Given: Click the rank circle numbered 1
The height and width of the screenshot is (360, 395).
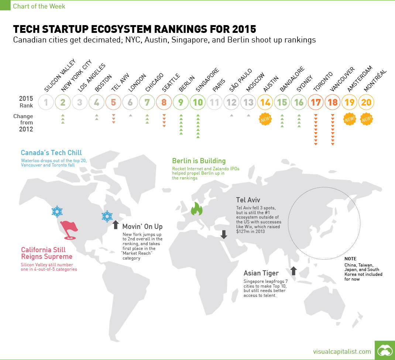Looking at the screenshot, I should point(46,102).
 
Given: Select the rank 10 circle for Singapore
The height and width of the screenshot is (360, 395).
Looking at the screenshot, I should point(198,102).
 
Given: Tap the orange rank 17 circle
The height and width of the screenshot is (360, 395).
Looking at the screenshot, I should point(316,102).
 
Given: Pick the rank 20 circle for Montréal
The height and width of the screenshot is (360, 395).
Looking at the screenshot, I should point(366,102).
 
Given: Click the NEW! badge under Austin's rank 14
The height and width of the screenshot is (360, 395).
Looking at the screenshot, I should point(265,119).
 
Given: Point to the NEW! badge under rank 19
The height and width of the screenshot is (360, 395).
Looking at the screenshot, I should point(349,119).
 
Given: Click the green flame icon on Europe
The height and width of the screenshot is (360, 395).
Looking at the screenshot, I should point(196,209).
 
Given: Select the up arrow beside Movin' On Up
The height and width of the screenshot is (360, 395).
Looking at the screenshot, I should point(115,225).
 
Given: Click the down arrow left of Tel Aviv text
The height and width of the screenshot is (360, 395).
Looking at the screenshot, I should point(223,234).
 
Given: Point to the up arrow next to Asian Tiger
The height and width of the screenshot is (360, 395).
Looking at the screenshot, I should point(293,271).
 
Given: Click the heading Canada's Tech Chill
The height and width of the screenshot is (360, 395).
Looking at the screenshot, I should point(51,153).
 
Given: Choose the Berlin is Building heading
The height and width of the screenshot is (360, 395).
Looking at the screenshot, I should point(199,161).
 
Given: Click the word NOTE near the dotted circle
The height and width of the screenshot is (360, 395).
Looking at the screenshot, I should point(350,259).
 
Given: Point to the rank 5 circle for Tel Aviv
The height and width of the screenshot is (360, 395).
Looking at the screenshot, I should point(113,102).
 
